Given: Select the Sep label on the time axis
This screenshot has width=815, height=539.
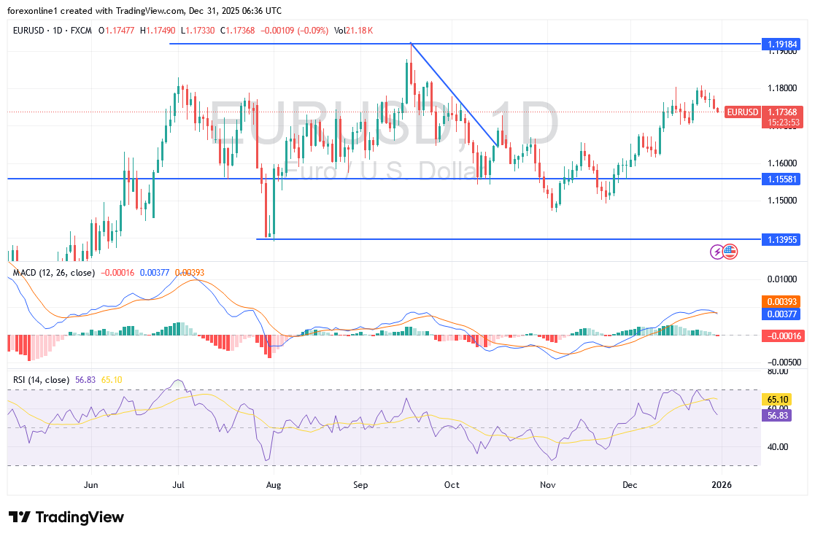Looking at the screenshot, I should pyautogui.click(x=360, y=484).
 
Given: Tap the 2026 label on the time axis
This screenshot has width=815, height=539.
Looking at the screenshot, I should pyautogui.click(x=721, y=484).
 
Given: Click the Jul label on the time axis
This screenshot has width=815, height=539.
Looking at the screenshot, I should pyautogui.click(x=178, y=484).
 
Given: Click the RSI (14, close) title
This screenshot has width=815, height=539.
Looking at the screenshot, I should pyautogui.click(x=41, y=380).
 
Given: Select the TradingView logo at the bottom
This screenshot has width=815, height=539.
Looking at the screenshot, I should pyautogui.click(x=66, y=517).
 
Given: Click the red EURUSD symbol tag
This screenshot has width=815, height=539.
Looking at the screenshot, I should pyautogui.click(x=743, y=112).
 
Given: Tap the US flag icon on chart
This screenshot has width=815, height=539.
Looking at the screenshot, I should pyautogui.click(x=730, y=252).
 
